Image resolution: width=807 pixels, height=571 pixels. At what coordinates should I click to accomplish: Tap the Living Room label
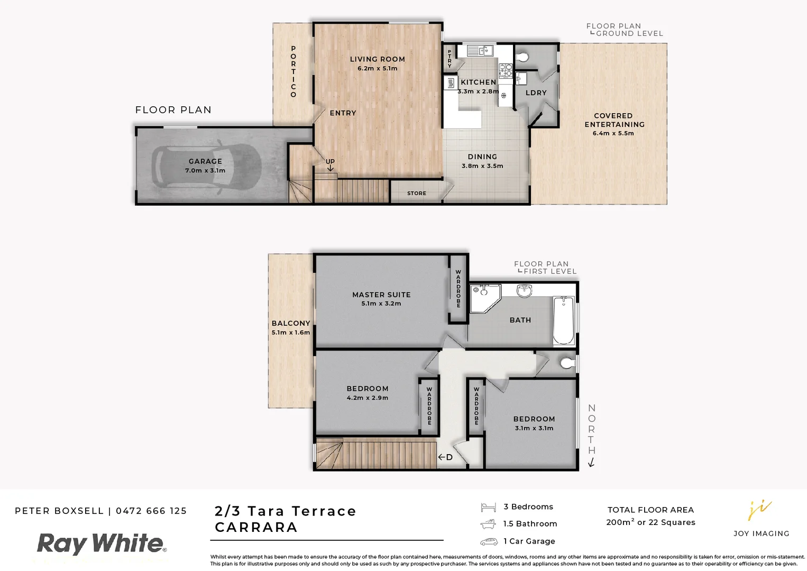click(x=377, y=59)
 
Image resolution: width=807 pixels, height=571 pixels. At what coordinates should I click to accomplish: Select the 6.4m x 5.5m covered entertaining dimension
click(x=613, y=133)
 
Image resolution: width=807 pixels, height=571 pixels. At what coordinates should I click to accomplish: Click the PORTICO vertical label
click(x=293, y=72)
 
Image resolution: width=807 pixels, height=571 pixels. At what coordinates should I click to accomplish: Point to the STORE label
click(x=416, y=194)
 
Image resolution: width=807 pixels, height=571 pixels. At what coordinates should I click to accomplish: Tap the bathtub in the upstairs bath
click(x=564, y=320)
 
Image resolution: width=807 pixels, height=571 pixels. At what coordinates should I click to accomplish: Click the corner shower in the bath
click(x=484, y=298)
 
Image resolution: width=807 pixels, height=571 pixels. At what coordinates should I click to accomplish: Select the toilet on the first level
click(x=566, y=363)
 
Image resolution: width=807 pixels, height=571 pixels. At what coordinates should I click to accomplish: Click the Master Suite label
click(x=381, y=294)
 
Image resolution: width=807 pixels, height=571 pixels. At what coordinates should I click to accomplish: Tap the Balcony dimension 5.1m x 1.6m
click(x=290, y=333)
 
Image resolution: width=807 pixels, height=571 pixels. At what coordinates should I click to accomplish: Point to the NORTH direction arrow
click(x=591, y=463)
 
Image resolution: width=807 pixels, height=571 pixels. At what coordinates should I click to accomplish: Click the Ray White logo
click(x=101, y=544)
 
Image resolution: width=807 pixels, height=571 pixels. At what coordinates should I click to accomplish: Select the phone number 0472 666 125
click(x=151, y=511)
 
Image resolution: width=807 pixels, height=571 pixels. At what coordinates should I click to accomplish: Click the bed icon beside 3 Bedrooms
click(x=488, y=508)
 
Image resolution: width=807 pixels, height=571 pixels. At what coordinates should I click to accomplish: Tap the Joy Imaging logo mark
click(x=760, y=510)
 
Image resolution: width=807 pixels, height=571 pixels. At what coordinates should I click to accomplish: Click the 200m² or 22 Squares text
click(x=650, y=522)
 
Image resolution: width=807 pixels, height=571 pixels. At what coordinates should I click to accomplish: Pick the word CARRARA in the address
click(x=256, y=527)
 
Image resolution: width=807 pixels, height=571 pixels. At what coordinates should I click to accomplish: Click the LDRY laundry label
click(x=536, y=93)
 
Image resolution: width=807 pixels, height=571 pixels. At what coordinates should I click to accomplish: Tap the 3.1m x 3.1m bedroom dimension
click(x=534, y=428)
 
